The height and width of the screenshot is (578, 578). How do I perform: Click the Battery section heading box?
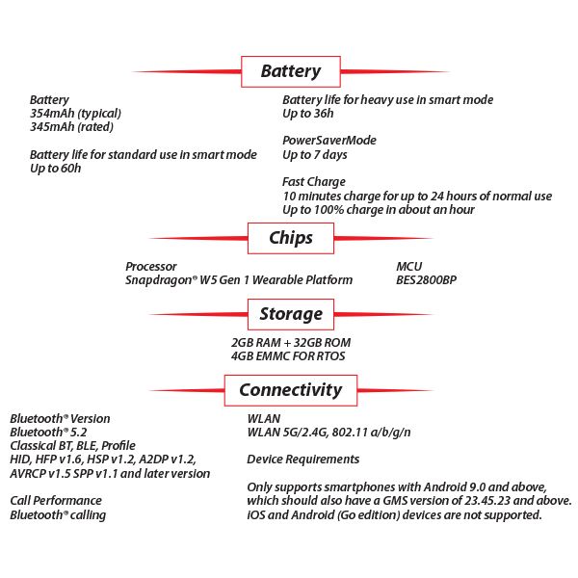click(291, 71)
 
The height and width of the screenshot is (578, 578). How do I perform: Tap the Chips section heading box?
click(291, 238)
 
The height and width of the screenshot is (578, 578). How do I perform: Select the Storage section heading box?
click(291, 314)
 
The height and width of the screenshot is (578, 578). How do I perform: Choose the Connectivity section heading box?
click(291, 390)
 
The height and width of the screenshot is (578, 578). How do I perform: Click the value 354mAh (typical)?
click(75, 114)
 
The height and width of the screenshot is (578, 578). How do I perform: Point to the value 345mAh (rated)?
click(71, 127)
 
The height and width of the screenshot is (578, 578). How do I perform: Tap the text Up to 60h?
click(55, 169)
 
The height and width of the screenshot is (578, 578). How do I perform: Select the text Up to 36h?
click(308, 114)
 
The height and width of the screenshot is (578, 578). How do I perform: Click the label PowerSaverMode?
click(329, 141)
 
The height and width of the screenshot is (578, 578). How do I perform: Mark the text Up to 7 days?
click(315, 155)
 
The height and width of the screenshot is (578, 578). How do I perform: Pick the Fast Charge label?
click(314, 182)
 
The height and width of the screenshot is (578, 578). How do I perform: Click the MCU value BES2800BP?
click(426, 280)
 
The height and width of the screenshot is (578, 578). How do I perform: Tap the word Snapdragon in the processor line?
click(157, 280)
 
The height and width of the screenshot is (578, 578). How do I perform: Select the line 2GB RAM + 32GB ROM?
click(291, 343)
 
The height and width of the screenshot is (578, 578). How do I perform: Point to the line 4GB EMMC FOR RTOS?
click(288, 356)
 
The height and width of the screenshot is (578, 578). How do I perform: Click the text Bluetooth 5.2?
click(48, 433)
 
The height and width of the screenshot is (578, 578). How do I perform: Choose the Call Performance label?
click(56, 501)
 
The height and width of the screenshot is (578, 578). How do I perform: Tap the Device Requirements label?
click(303, 460)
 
